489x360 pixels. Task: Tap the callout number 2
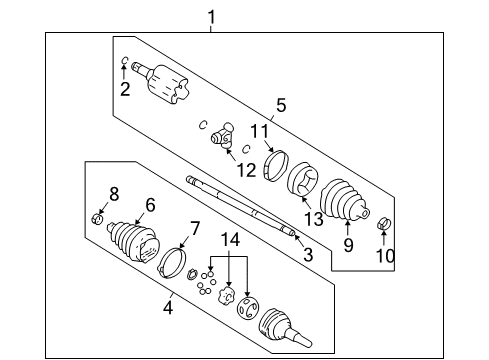(125, 90)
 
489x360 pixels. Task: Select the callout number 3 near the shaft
(308, 255)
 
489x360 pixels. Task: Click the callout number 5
(281, 104)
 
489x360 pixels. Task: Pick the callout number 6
(150, 205)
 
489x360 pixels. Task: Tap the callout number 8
(114, 193)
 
